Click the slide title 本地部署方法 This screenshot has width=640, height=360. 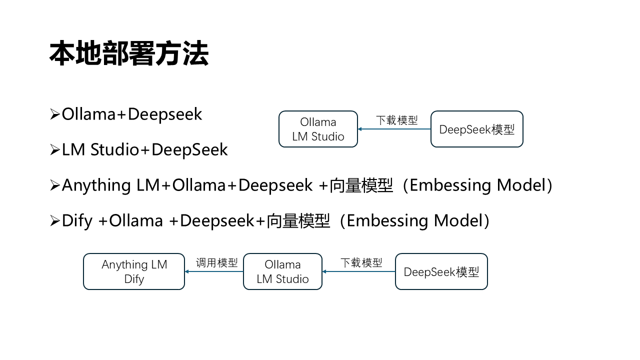tap(129, 54)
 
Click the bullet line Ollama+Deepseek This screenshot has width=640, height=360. tap(131, 114)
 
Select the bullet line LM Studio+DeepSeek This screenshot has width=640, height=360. tap(144, 149)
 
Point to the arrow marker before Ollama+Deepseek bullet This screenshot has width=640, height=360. tap(55, 114)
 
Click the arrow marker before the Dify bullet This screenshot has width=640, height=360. tap(55, 221)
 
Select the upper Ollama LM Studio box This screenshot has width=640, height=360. tap(318, 129)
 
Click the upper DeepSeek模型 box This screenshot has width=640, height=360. tap(476, 129)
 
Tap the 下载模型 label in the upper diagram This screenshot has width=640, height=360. tap(396, 120)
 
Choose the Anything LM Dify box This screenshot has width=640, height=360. tap(134, 271)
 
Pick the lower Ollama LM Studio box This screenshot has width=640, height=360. tap(282, 271)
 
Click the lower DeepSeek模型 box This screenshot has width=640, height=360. tap(441, 271)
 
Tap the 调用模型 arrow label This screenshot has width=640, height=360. tap(216, 263)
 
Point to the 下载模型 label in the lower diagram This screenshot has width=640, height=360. tap(361, 263)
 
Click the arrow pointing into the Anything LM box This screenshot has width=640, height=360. tap(214, 271)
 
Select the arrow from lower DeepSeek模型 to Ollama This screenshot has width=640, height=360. tap(358, 271)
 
